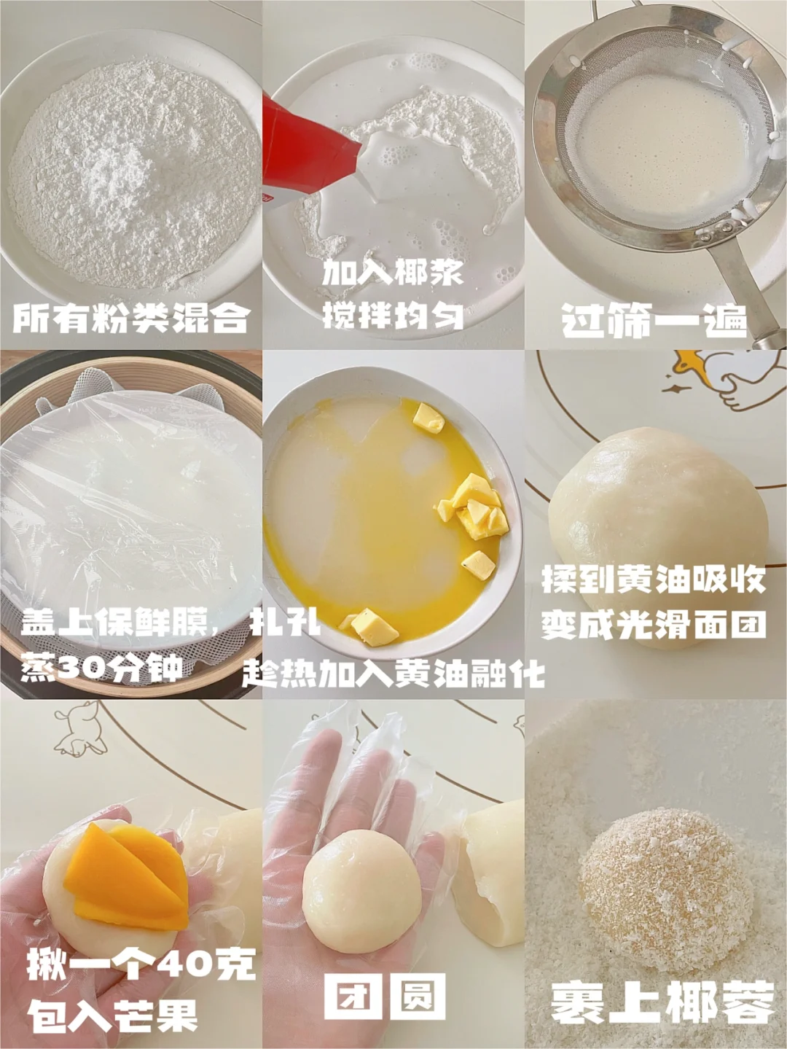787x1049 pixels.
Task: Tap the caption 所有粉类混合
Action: click(x=131, y=317)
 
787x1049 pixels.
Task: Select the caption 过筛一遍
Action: click(x=654, y=319)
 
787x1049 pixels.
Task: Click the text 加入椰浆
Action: click(x=393, y=273)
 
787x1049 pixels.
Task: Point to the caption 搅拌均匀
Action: click(x=393, y=315)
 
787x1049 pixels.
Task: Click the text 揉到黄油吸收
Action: click(x=654, y=580)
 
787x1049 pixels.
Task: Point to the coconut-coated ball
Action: click(x=666, y=884)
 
